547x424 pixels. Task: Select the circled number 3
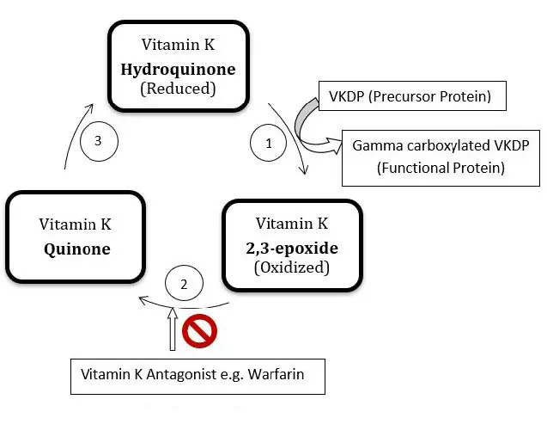point(100,143)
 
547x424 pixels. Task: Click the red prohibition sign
point(200,330)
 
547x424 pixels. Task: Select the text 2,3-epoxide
point(292,248)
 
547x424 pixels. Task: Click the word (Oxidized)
point(292,267)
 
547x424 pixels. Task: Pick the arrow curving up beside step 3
point(76,132)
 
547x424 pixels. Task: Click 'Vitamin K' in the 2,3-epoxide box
point(292,224)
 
